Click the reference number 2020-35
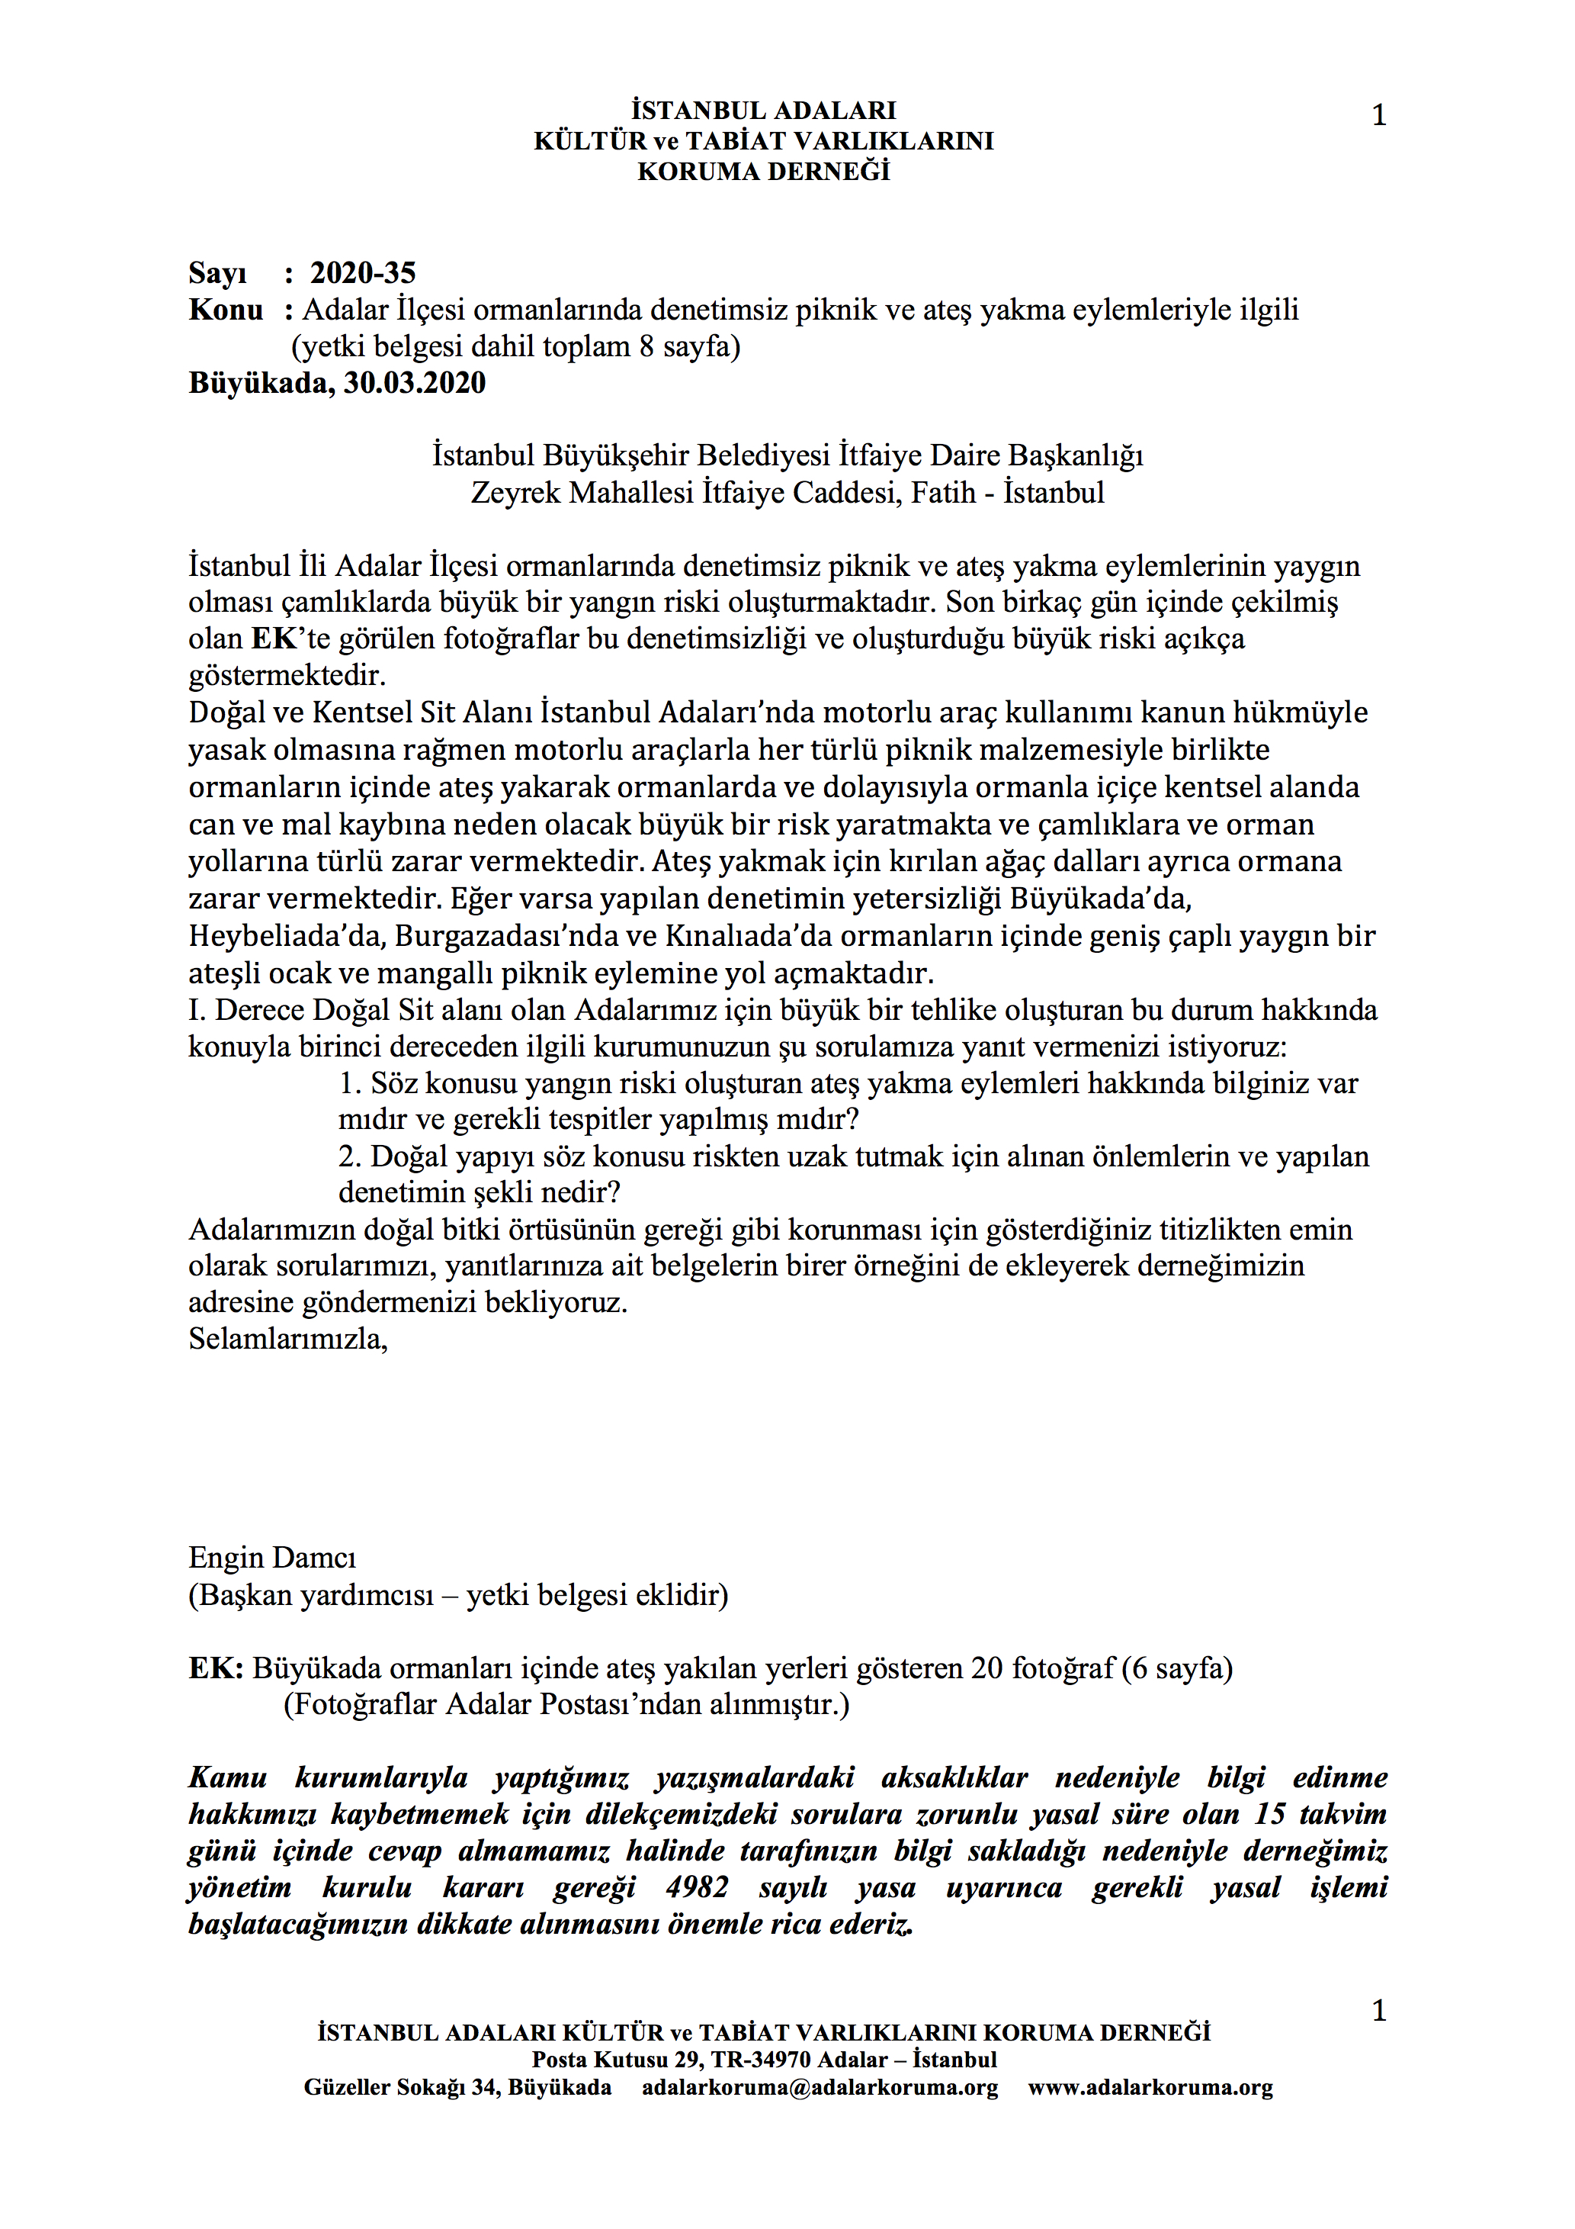[x=362, y=274]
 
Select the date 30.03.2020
[x=415, y=384]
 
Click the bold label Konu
[x=225, y=310]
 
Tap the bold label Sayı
[x=217, y=274]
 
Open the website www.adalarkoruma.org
[x=1150, y=2088]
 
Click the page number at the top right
[x=1378, y=115]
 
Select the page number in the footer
[x=1378, y=2011]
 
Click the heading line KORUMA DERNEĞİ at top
[x=764, y=172]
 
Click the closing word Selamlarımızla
[x=287, y=1340]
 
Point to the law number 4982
[x=697, y=1888]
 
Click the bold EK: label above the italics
[x=216, y=1669]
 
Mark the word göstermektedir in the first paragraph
[x=287, y=676]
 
